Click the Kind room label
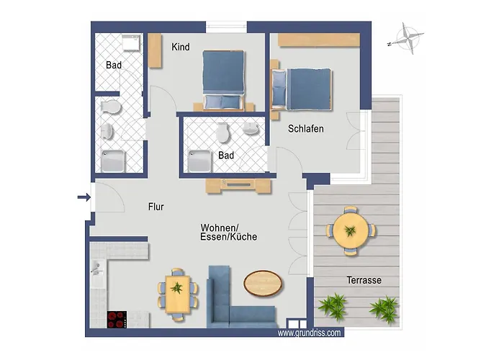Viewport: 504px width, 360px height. click(x=181, y=47)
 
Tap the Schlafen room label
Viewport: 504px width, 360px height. click(x=306, y=129)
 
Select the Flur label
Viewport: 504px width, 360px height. click(x=156, y=207)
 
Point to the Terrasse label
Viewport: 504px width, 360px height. click(x=364, y=280)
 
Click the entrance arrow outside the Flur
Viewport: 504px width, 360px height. click(x=84, y=197)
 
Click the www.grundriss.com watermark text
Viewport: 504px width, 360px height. click(x=309, y=333)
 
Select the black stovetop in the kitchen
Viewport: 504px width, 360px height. click(x=117, y=319)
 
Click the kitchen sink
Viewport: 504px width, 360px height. click(x=96, y=269)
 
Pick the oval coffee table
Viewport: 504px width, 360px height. click(x=263, y=283)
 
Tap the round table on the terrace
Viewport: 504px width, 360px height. click(x=351, y=231)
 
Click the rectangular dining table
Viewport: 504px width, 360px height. click(x=177, y=294)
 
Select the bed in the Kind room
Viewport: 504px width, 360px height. click(x=223, y=80)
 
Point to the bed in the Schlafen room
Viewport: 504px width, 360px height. click(x=302, y=89)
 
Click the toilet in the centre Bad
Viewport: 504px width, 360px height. click(x=222, y=132)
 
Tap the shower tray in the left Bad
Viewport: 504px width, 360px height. click(x=113, y=161)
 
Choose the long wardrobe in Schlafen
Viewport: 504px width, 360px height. click(x=318, y=40)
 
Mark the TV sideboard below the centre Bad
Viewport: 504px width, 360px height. click(x=238, y=186)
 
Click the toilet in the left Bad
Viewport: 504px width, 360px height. click(x=111, y=107)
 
